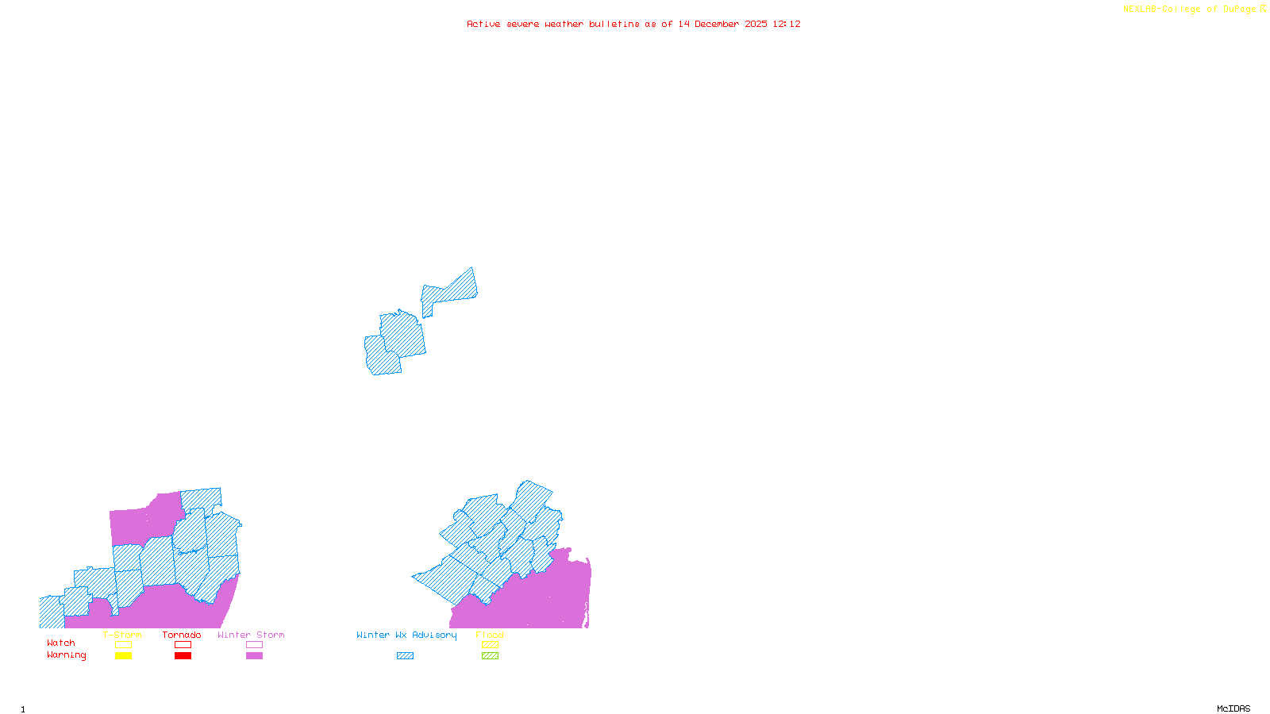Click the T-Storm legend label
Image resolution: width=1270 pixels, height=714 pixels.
(x=122, y=635)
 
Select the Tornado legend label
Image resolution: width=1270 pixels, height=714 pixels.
(x=182, y=635)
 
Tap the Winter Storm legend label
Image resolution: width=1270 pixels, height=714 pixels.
(x=251, y=635)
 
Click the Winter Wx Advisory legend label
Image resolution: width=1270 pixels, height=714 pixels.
(x=406, y=635)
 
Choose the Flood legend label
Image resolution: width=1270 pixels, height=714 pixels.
(x=490, y=635)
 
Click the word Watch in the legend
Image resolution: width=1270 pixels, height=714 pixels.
(x=61, y=643)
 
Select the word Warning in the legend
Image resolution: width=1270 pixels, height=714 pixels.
(x=67, y=655)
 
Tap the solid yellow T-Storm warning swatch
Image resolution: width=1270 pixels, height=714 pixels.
(x=123, y=656)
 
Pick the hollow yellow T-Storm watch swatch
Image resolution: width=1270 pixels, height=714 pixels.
(x=123, y=645)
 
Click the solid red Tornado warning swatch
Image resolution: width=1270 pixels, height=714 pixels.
(x=183, y=656)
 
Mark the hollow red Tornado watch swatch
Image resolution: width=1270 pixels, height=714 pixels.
(x=183, y=645)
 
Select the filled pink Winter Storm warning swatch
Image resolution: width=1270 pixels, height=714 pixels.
(x=254, y=656)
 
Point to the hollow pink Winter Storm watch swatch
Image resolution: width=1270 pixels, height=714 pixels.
(x=254, y=645)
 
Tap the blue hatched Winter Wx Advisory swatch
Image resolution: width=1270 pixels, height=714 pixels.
(x=405, y=656)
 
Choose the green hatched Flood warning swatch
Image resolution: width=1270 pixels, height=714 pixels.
(x=490, y=656)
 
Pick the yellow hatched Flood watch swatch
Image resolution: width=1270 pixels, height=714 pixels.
(x=490, y=645)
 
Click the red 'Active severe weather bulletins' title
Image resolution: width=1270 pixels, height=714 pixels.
(x=633, y=25)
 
